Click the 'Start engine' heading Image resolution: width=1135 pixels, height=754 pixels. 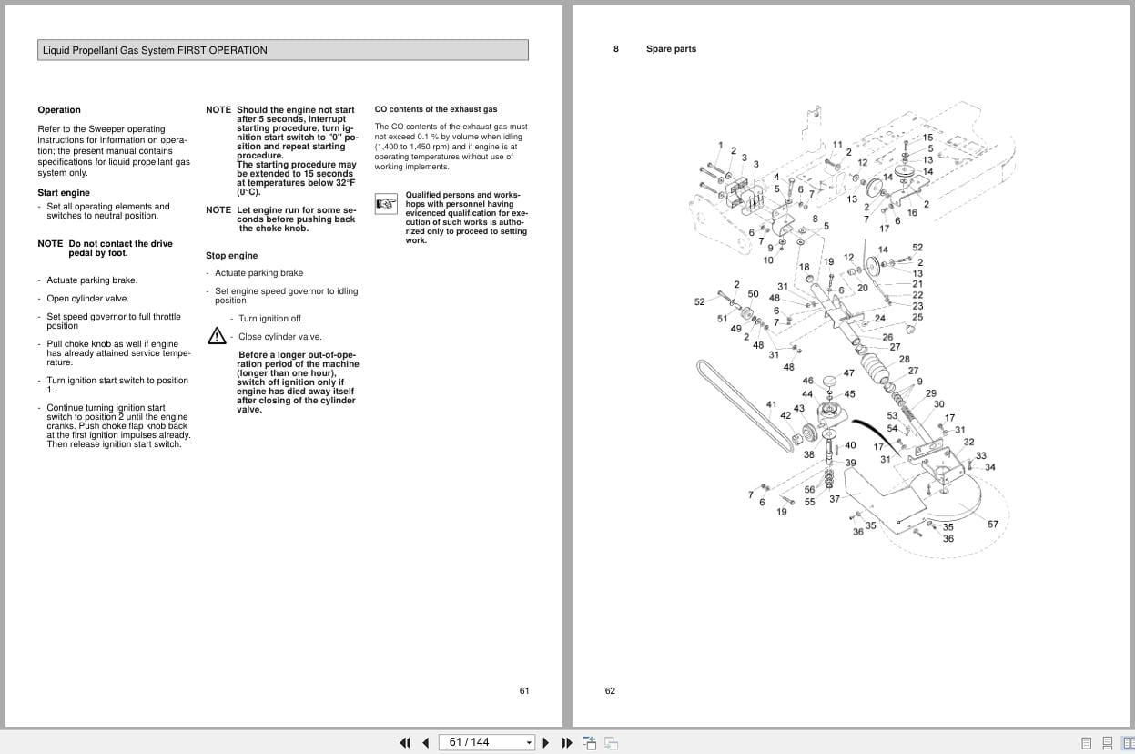pyautogui.click(x=64, y=193)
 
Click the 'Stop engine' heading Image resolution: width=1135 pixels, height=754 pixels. pyautogui.click(x=231, y=256)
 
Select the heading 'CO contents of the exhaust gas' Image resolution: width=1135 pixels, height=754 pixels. pyautogui.click(x=435, y=109)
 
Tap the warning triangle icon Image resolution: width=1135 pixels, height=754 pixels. pyautogui.click(x=217, y=336)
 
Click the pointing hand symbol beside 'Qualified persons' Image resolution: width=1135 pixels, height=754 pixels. pyautogui.click(x=386, y=202)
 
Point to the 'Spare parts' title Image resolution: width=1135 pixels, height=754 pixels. pyautogui.click(x=671, y=49)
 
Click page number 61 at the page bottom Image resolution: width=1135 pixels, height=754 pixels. pyautogui.click(x=524, y=691)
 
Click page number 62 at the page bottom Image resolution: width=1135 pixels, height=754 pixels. pyautogui.click(x=610, y=691)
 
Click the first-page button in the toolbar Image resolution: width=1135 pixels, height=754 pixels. pyautogui.click(x=405, y=742)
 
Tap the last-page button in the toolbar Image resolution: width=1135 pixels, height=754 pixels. pyautogui.click(x=567, y=742)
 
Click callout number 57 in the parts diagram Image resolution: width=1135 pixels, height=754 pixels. pyautogui.click(x=993, y=524)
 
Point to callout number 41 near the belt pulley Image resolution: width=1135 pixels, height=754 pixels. pyautogui.click(x=771, y=404)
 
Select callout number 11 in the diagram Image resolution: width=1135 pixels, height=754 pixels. pyautogui.click(x=837, y=145)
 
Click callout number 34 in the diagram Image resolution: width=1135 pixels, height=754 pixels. pyautogui.click(x=989, y=467)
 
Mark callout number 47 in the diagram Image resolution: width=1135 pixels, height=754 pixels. pyautogui.click(x=848, y=373)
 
